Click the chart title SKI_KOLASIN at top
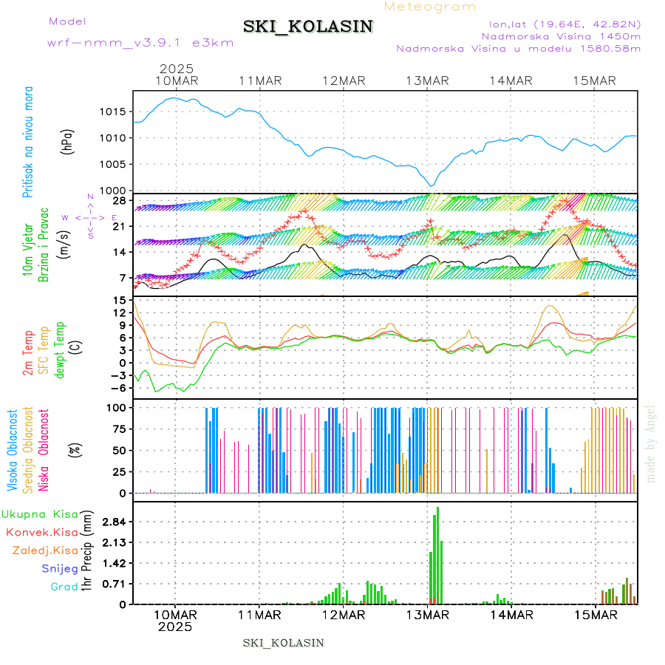307,27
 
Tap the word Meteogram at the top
431,7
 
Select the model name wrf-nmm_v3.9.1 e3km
140,43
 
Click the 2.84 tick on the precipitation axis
115,522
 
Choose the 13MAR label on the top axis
428,81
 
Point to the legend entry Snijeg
60,568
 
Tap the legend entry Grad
64,587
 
